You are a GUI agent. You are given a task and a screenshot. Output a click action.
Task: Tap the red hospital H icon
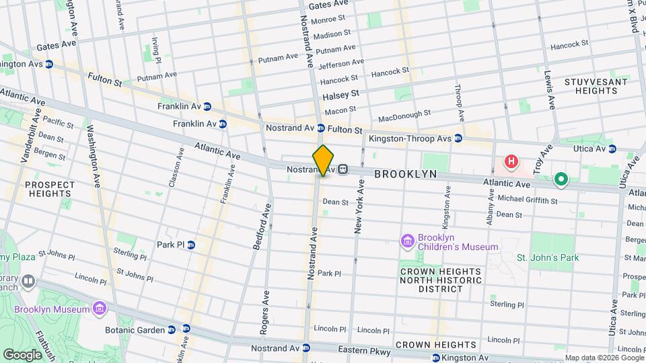point(511,162)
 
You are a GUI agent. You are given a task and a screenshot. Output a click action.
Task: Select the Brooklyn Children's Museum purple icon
point(406,241)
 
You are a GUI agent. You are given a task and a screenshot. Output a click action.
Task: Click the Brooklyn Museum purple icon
point(100,309)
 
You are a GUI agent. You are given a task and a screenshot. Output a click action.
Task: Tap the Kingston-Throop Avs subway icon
point(458,138)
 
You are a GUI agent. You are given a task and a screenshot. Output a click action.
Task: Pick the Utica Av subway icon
point(612,148)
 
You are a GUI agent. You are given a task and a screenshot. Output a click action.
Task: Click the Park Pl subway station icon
point(191,245)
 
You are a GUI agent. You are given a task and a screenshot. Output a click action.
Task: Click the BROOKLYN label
point(405,174)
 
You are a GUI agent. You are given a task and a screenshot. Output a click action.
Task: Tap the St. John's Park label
point(547,257)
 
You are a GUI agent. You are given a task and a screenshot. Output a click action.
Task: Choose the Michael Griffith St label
point(527,200)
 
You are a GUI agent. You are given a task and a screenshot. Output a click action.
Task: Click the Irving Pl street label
point(154,48)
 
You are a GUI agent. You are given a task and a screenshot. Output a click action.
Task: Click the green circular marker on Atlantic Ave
point(561,180)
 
